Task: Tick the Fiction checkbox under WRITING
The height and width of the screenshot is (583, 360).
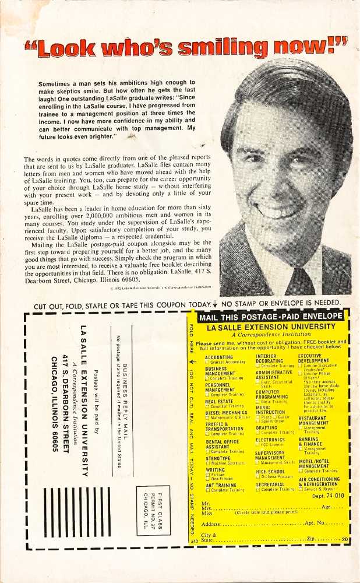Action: click(207, 475)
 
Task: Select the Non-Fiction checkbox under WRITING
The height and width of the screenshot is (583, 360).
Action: click(207, 479)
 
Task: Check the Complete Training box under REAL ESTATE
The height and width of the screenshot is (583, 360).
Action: click(207, 406)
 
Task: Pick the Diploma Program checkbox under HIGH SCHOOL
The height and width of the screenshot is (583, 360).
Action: click(258, 476)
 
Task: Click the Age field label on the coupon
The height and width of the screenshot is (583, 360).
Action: click(327, 508)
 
